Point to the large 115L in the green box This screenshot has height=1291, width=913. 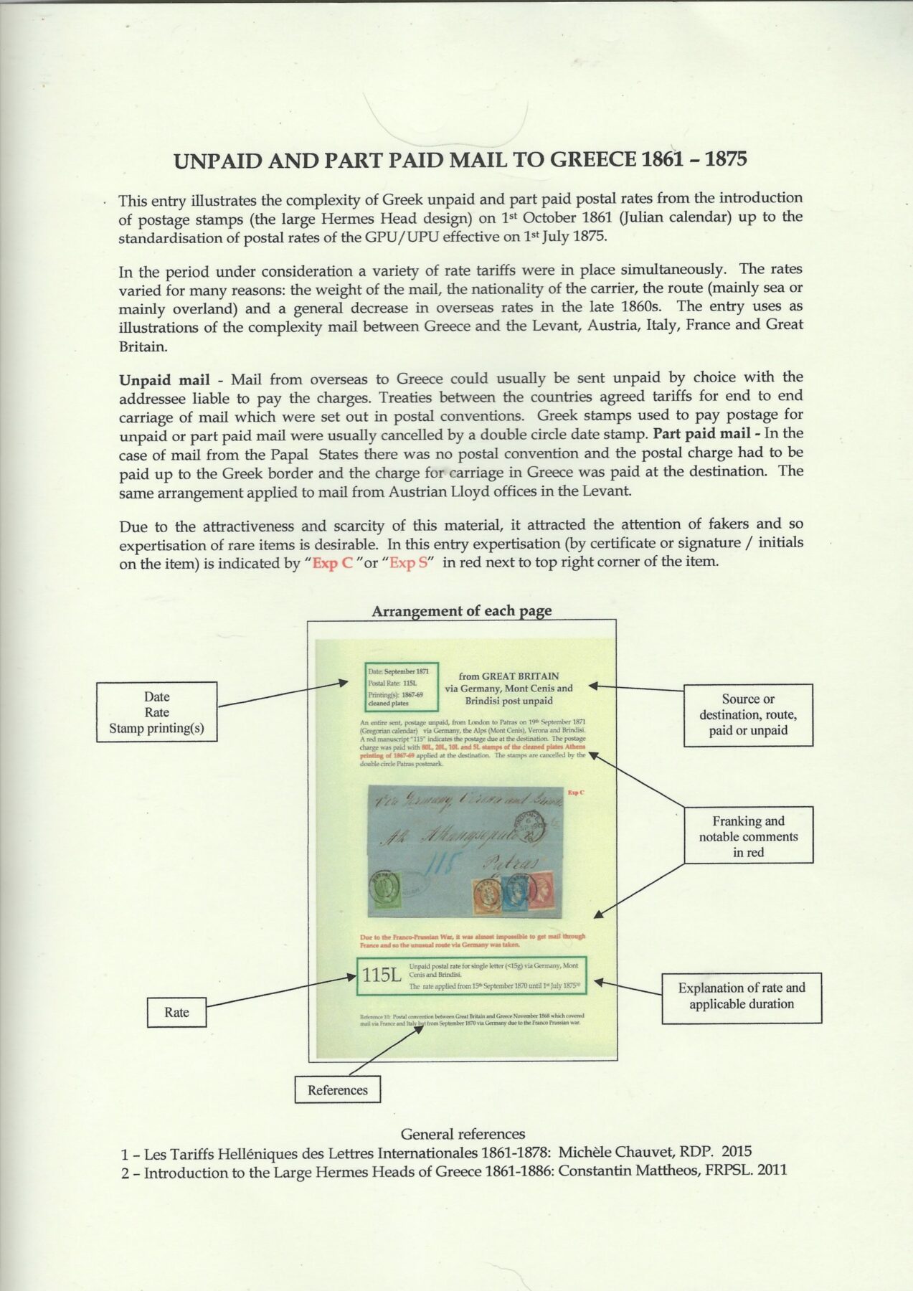[x=383, y=977]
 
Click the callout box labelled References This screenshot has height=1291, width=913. [x=338, y=1090]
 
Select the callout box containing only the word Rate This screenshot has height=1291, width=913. [x=177, y=1012]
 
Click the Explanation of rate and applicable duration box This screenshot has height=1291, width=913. [x=742, y=996]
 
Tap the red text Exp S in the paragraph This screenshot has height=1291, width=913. [x=407, y=563]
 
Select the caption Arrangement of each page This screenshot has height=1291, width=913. [x=461, y=611]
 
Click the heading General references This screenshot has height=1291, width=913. [x=463, y=1134]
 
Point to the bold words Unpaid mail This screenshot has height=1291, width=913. [x=164, y=377]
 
